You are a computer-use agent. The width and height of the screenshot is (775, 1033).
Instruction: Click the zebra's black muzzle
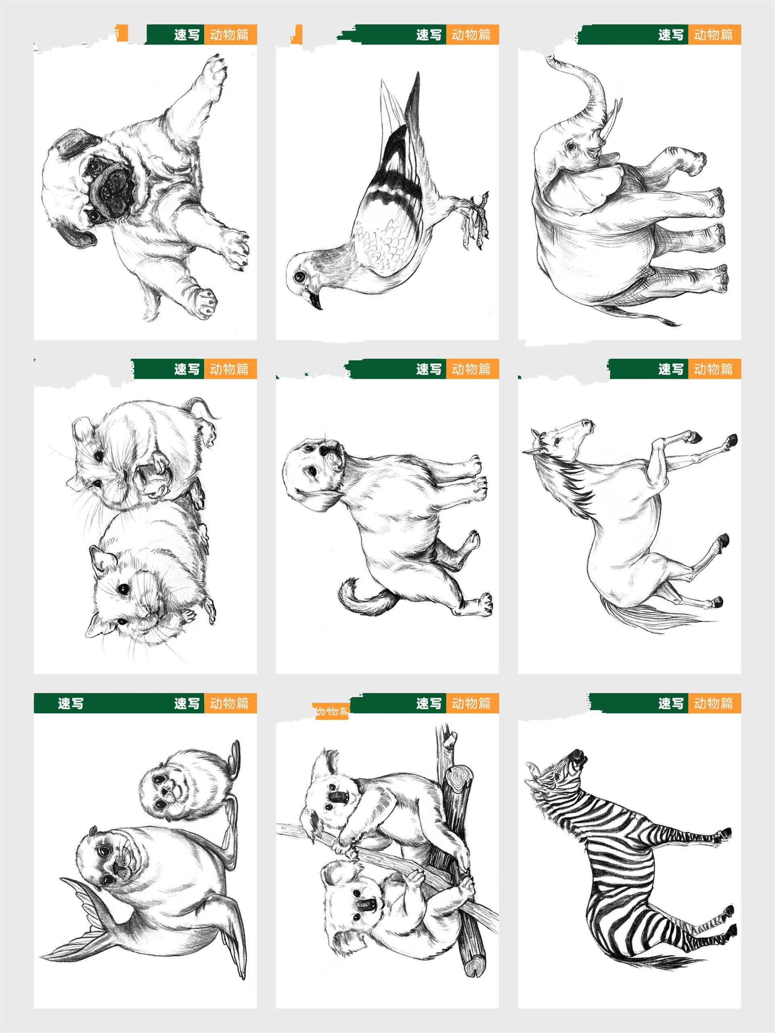click(x=579, y=755)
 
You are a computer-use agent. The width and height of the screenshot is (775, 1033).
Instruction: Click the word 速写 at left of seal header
click(x=71, y=703)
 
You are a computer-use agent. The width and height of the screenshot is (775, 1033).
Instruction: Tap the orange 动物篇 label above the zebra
click(x=713, y=703)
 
